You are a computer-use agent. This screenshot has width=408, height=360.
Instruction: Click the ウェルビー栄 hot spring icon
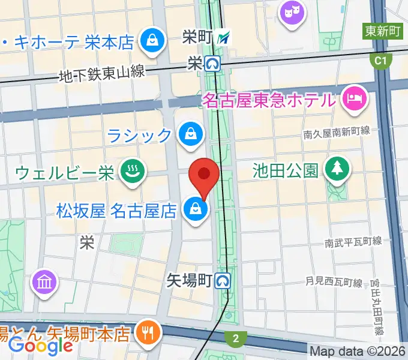click(x=129, y=172)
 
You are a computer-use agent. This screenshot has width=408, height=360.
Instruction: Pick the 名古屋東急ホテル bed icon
click(x=354, y=97)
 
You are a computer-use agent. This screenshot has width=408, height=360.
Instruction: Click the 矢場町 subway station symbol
click(x=224, y=280)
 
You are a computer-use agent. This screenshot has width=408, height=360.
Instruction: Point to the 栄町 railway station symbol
click(x=224, y=38)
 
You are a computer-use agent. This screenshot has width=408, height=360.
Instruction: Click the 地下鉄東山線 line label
click(x=102, y=73)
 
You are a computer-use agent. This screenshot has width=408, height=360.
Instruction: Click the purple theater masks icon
click(x=293, y=12)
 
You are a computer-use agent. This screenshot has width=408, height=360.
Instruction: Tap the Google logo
click(x=41, y=346)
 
